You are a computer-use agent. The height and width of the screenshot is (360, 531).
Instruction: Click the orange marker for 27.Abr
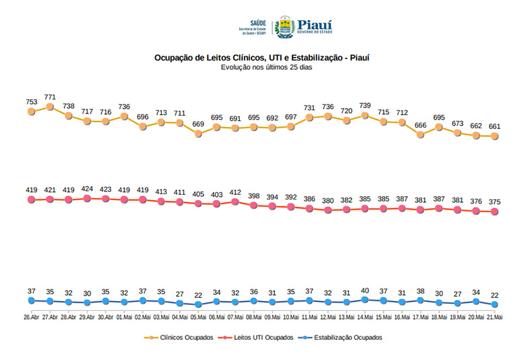(x=50, y=106)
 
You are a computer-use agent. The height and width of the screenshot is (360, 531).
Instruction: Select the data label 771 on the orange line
(x=50, y=97)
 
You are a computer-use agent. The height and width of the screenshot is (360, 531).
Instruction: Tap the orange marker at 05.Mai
(x=198, y=134)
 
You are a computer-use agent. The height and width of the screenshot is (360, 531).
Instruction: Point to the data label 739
(x=365, y=105)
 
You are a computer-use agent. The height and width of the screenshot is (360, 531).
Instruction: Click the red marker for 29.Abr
(x=87, y=198)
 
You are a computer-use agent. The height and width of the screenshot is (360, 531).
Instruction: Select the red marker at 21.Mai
(x=495, y=212)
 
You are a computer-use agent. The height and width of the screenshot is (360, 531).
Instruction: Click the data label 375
(x=495, y=202)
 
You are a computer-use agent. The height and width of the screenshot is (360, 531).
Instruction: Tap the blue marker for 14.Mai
(x=365, y=300)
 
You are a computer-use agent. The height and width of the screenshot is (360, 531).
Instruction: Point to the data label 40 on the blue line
(x=365, y=290)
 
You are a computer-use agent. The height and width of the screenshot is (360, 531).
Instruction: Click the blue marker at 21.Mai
(x=495, y=304)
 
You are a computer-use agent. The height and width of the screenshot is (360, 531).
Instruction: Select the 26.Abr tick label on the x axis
(x=32, y=316)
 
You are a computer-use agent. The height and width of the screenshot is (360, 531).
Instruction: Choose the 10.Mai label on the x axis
(x=291, y=316)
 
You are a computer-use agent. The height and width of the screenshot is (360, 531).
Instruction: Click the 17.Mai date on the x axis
(x=421, y=316)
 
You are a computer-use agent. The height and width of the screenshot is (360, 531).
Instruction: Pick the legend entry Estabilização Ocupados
(x=343, y=338)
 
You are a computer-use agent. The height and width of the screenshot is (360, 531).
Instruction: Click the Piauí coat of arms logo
(x=285, y=28)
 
